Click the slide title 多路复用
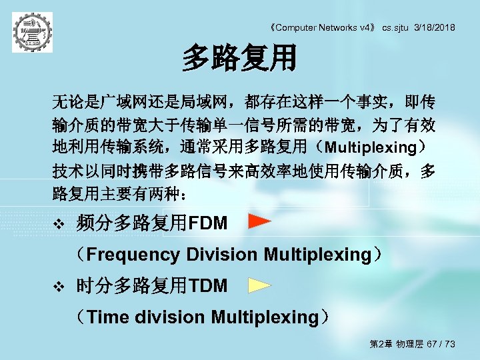tap(239, 58)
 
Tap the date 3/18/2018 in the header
tap(435, 27)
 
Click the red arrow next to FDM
tap(260, 221)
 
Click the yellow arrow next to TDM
tap(260, 285)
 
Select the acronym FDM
tap(208, 223)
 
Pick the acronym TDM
tap(208, 286)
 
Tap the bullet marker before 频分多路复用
tap(58, 223)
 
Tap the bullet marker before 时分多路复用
tap(58, 286)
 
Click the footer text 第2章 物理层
tap(393, 344)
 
